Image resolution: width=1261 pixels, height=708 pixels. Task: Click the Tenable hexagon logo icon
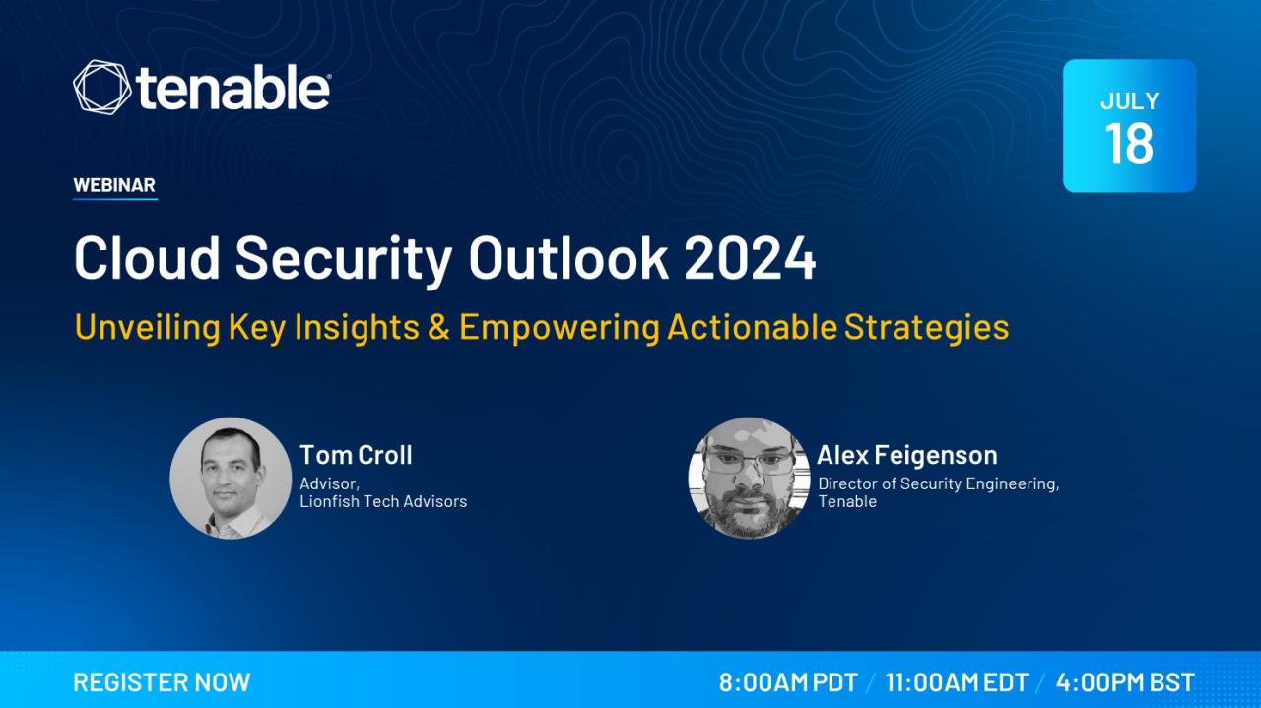click(x=101, y=88)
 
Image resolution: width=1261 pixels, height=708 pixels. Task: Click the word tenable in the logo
click(x=232, y=88)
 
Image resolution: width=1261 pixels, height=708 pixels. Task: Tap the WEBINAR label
click(x=114, y=184)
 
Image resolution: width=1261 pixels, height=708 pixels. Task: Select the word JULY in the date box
click(x=1129, y=101)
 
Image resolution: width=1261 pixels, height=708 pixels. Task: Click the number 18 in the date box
click(x=1129, y=144)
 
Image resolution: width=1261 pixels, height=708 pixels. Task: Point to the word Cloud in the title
click(x=147, y=257)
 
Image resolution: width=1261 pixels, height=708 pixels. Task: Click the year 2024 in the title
click(x=750, y=258)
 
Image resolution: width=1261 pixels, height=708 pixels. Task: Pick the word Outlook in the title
click(x=568, y=257)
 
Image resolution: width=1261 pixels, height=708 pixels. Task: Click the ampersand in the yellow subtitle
click(x=438, y=327)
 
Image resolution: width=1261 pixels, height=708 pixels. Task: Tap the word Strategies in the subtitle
click(x=927, y=328)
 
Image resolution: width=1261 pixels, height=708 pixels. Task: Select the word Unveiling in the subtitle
click(x=148, y=328)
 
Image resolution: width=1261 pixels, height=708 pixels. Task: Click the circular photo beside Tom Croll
click(x=231, y=479)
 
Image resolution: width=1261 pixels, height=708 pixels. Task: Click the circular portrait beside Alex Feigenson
click(x=750, y=479)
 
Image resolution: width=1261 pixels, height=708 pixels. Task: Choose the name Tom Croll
click(x=356, y=455)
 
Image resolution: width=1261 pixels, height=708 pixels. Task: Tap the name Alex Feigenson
click(x=907, y=455)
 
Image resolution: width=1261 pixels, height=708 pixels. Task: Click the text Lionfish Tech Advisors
click(x=383, y=501)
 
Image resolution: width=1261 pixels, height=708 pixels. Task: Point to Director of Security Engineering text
click(x=939, y=484)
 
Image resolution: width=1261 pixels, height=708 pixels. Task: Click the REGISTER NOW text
click(x=162, y=682)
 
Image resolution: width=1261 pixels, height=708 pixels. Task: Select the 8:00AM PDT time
click(x=788, y=682)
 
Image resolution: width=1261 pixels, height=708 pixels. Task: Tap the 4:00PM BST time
click(x=1125, y=682)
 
